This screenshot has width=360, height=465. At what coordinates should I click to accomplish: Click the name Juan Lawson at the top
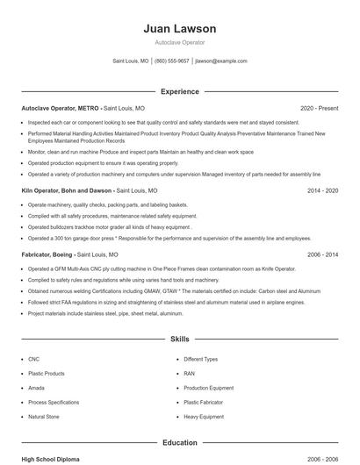(x=179, y=29)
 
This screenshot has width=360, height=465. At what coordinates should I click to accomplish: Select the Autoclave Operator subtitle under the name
(x=179, y=42)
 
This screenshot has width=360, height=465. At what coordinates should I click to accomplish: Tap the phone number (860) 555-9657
(x=172, y=61)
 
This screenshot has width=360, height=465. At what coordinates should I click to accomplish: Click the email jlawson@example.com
(x=221, y=61)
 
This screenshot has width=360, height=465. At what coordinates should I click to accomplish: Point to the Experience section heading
(x=179, y=91)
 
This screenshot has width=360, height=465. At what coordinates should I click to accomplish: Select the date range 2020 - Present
(x=319, y=108)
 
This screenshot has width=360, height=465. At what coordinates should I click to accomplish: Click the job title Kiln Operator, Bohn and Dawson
(x=67, y=190)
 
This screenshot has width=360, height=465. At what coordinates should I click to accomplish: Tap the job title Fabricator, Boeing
(x=51, y=254)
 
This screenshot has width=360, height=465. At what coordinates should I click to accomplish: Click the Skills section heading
(x=179, y=339)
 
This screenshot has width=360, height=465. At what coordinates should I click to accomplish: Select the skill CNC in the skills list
(x=34, y=359)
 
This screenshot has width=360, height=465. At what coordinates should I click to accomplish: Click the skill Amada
(x=37, y=388)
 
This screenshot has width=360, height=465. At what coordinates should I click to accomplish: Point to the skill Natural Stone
(x=44, y=417)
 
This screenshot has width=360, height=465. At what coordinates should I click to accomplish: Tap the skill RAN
(x=190, y=374)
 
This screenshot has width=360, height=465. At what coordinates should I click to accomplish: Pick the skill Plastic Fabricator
(x=204, y=403)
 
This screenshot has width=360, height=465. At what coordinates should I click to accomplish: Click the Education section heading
(x=179, y=443)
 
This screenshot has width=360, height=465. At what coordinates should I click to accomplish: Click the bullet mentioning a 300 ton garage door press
(x=158, y=238)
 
